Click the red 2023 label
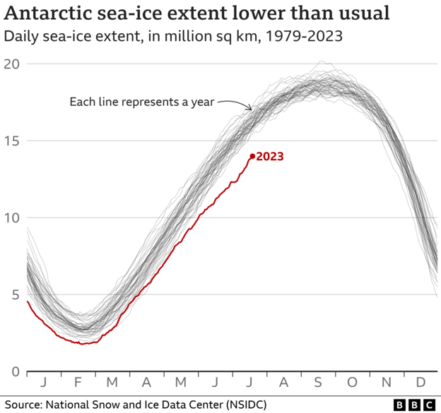pyautogui.click(x=270, y=157)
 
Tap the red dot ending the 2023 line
pyautogui.click(x=252, y=157)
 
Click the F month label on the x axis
pyautogui.click(x=77, y=383)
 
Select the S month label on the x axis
pyautogui.click(x=318, y=383)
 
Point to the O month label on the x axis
pyautogui.click(x=353, y=383)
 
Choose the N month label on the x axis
pyautogui.click(x=387, y=383)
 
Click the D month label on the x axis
pyautogui.click(x=421, y=383)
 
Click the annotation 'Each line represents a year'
pyautogui.click(x=141, y=102)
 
